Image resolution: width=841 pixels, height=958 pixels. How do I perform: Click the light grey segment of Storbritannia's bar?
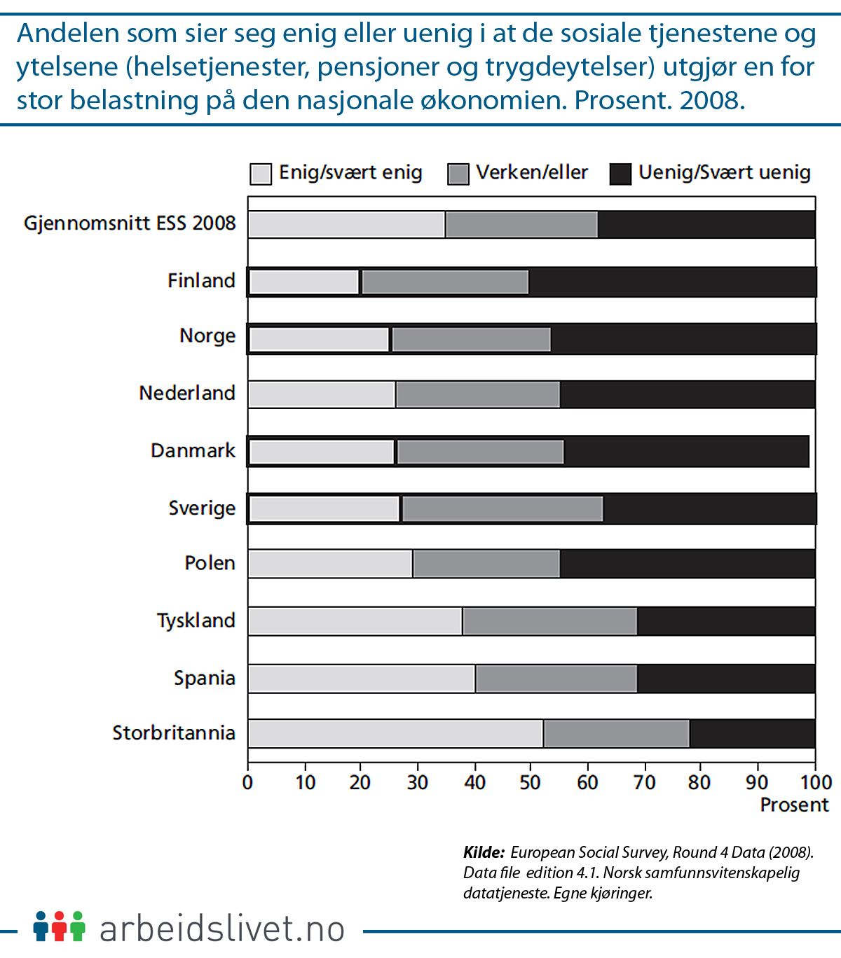(396, 733)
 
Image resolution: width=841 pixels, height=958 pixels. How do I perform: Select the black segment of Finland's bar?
(671, 282)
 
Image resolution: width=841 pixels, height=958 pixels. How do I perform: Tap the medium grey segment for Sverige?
(502, 508)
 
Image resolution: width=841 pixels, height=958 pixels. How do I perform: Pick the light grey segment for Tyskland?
(355, 621)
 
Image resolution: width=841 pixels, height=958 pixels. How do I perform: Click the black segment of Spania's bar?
(725, 678)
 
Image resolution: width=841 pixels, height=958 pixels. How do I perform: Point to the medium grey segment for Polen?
(486, 564)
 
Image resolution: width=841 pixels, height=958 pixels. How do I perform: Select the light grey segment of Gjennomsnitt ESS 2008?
(347, 224)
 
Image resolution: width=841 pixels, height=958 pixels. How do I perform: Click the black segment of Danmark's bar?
(685, 452)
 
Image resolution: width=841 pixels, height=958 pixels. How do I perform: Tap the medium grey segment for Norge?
(471, 339)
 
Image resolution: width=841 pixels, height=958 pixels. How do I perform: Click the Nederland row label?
(187, 393)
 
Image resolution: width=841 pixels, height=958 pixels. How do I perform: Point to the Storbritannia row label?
(174, 733)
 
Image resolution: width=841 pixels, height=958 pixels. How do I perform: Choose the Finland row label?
(201, 280)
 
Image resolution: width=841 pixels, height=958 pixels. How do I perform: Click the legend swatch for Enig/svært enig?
(261, 174)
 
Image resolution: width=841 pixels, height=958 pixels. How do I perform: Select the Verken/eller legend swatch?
(458, 174)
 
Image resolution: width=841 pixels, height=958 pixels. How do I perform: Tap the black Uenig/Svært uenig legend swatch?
(620, 174)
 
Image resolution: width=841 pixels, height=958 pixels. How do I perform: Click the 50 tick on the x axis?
(531, 782)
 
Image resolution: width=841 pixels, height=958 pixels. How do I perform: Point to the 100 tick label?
(815, 782)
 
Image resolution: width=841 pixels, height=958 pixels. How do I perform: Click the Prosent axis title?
(794, 805)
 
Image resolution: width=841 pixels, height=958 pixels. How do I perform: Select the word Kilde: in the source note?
(484, 852)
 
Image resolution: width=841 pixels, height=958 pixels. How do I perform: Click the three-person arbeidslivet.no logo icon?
(59, 926)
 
